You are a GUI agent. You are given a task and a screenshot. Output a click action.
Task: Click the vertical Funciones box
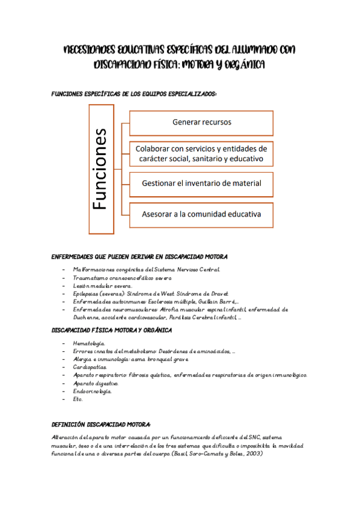click(x=100, y=169)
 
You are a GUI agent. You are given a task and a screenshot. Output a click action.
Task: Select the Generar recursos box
click(x=201, y=122)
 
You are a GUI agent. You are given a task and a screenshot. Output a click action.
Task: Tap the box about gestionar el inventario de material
click(x=201, y=183)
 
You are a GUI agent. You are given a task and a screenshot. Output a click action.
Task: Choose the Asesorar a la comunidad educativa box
click(x=201, y=214)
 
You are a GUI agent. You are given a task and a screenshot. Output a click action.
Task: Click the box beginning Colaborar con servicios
click(x=201, y=153)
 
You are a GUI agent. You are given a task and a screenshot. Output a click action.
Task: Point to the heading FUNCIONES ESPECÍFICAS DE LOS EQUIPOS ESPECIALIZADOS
click(x=134, y=94)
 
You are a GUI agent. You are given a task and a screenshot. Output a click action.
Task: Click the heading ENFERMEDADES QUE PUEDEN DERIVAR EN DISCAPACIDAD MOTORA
click(x=139, y=257)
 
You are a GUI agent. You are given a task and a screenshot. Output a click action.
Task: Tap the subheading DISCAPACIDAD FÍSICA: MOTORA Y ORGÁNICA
click(x=112, y=330)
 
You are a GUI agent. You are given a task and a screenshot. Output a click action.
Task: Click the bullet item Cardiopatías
click(x=90, y=367)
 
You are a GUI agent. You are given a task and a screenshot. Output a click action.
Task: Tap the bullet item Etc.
click(x=78, y=399)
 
